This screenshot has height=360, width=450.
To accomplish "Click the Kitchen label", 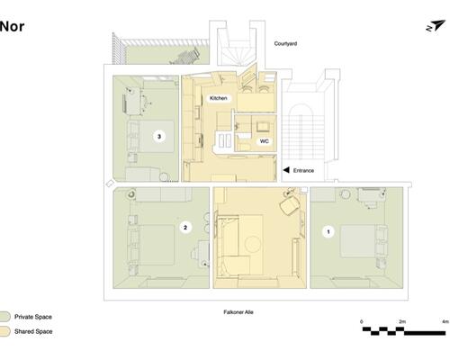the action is (219, 98).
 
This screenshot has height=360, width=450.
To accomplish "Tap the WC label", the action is (264, 141).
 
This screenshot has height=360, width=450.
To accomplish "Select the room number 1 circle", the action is (328, 231).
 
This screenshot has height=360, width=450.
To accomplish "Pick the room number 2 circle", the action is (185, 228).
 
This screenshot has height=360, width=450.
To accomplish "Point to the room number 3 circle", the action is (159, 137).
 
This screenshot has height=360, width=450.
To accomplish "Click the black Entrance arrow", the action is (286, 170).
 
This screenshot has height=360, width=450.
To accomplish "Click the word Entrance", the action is (303, 170).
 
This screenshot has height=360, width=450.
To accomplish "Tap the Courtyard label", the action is (285, 43).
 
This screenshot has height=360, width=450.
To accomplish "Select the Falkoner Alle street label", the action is (238, 312).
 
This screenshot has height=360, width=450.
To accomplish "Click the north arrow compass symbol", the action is (436, 26).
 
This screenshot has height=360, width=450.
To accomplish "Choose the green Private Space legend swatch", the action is (4, 317).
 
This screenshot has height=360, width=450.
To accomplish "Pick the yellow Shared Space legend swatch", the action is (4, 331).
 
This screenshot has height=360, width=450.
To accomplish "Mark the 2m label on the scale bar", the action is (402, 321).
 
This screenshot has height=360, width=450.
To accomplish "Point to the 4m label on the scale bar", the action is (445, 321).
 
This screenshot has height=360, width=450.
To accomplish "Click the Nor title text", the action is (12, 27).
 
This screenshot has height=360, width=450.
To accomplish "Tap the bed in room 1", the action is (357, 241).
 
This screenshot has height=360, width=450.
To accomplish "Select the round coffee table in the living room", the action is (253, 244).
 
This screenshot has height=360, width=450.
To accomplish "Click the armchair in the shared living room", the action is (289, 204).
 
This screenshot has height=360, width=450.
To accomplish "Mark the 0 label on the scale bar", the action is (362, 321).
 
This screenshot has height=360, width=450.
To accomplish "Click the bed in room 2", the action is (157, 245).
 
